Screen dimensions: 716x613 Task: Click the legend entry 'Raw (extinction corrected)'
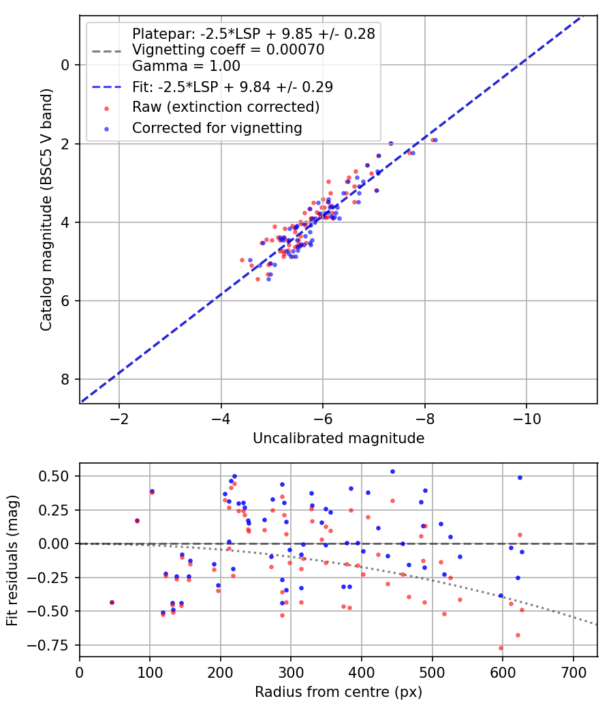pyautogui.click(x=225, y=107)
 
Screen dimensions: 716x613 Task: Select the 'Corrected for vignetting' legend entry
pyautogui.click(x=217, y=128)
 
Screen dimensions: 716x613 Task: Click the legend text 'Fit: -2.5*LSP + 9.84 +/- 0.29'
pyautogui.click(x=232, y=87)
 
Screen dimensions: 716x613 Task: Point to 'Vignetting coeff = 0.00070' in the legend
pyautogui.click(x=228, y=50)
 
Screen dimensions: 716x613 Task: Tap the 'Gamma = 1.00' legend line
pyautogui.click(x=186, y=66)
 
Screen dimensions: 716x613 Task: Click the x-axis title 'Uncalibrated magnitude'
pyautogui.click(x=339, y=438)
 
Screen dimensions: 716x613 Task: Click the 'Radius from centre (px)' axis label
pyautogui.click(x=339, y=692)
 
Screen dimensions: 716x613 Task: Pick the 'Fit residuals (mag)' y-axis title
pyautogui.click(x=12, y=560)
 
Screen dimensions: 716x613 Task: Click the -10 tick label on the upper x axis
pyautogui.click(x=526, y=417)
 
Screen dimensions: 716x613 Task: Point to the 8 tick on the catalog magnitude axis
pyautogui.click(x=66, y=379)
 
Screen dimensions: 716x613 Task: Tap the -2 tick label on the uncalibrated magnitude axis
pyautogui.click(x=119, y=417)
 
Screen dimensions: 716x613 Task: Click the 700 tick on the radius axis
pyautogui.click(x=573, y=671)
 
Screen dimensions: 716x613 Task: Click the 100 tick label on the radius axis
pyautogui.click(x=150, y=671)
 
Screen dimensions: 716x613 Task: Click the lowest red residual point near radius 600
pyautogui.click(x=501, y=648)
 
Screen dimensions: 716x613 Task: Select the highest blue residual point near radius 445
pyautogui.click(x=392, y=471)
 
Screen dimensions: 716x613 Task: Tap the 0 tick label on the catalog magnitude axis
pyautogui.click(x=66, y=65)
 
